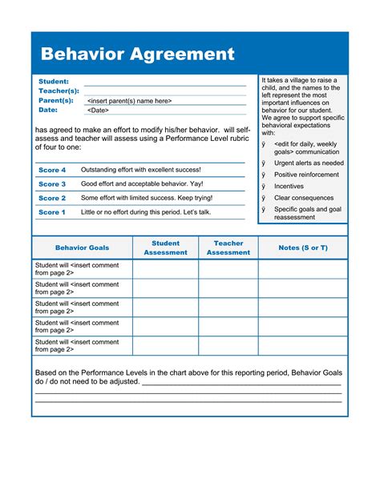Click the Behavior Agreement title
(x=137, y=54)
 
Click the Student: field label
(x=54, y=82)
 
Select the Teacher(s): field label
(x=59, y=91)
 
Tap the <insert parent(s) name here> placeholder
(x=129, y=101)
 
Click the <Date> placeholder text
(x=98, y=111)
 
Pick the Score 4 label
(x=52, y=171)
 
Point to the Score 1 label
(x=52, y=212)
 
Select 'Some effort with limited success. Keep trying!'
(x=147, y=198)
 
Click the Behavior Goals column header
(x=82, y=248)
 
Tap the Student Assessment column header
(x=165, y=248)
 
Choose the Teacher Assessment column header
(x=228, y=248)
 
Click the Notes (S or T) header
(x=303, y=248)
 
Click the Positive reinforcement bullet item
(x=306, y=175)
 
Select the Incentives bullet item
(x=289, y=186)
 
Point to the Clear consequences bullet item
(x=303, y=198)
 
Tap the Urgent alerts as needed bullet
(x=309, y=163)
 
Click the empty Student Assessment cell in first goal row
(x=165, y=269)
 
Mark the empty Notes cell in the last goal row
(x=303, y=346)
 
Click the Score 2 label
(x=52, y=198)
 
